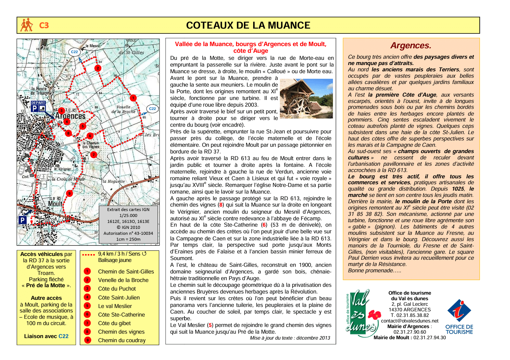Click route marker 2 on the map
click(98, 68)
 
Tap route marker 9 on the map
click(69, 193)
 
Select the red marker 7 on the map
click(94, 154)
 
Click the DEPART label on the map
click(38, 103)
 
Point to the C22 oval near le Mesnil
click(75, 52)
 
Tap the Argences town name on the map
click(70, 116)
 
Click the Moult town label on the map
click(55, 204)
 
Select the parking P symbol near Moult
click(23, 220)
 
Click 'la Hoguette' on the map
click(113, 182)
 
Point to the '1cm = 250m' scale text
click(128, 239)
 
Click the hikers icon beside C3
click(27, 25)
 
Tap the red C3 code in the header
click(44, 25)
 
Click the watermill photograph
click(306, 98)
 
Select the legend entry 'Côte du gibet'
click(114, 323)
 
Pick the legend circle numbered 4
click(88, 297)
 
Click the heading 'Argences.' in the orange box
click(411, 46)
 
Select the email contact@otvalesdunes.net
click(410, 321)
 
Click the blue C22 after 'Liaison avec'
click(63, 336)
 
